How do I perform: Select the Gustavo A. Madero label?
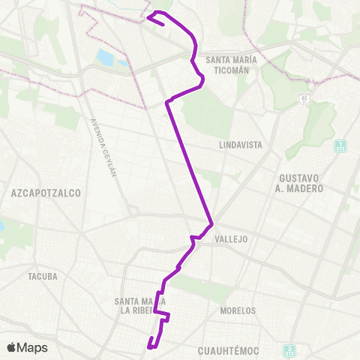coord(300,183)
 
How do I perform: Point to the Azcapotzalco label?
coord(46,193)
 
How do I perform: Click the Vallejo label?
coord(230,239)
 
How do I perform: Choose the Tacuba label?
coord(42,276)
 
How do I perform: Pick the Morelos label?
coord(238,310)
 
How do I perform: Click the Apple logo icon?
coord(12,347)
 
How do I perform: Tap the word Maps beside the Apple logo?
coord(32,347)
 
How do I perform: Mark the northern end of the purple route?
coord(163,23)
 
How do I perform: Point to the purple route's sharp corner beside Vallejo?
coord(213,223)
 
